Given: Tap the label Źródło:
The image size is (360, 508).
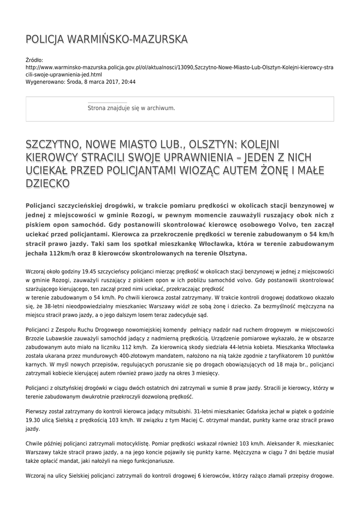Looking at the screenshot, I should click(34, 60).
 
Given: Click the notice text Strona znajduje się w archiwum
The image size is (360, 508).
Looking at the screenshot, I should click(131, 108).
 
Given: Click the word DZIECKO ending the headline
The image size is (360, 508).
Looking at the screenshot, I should click(48, 183).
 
